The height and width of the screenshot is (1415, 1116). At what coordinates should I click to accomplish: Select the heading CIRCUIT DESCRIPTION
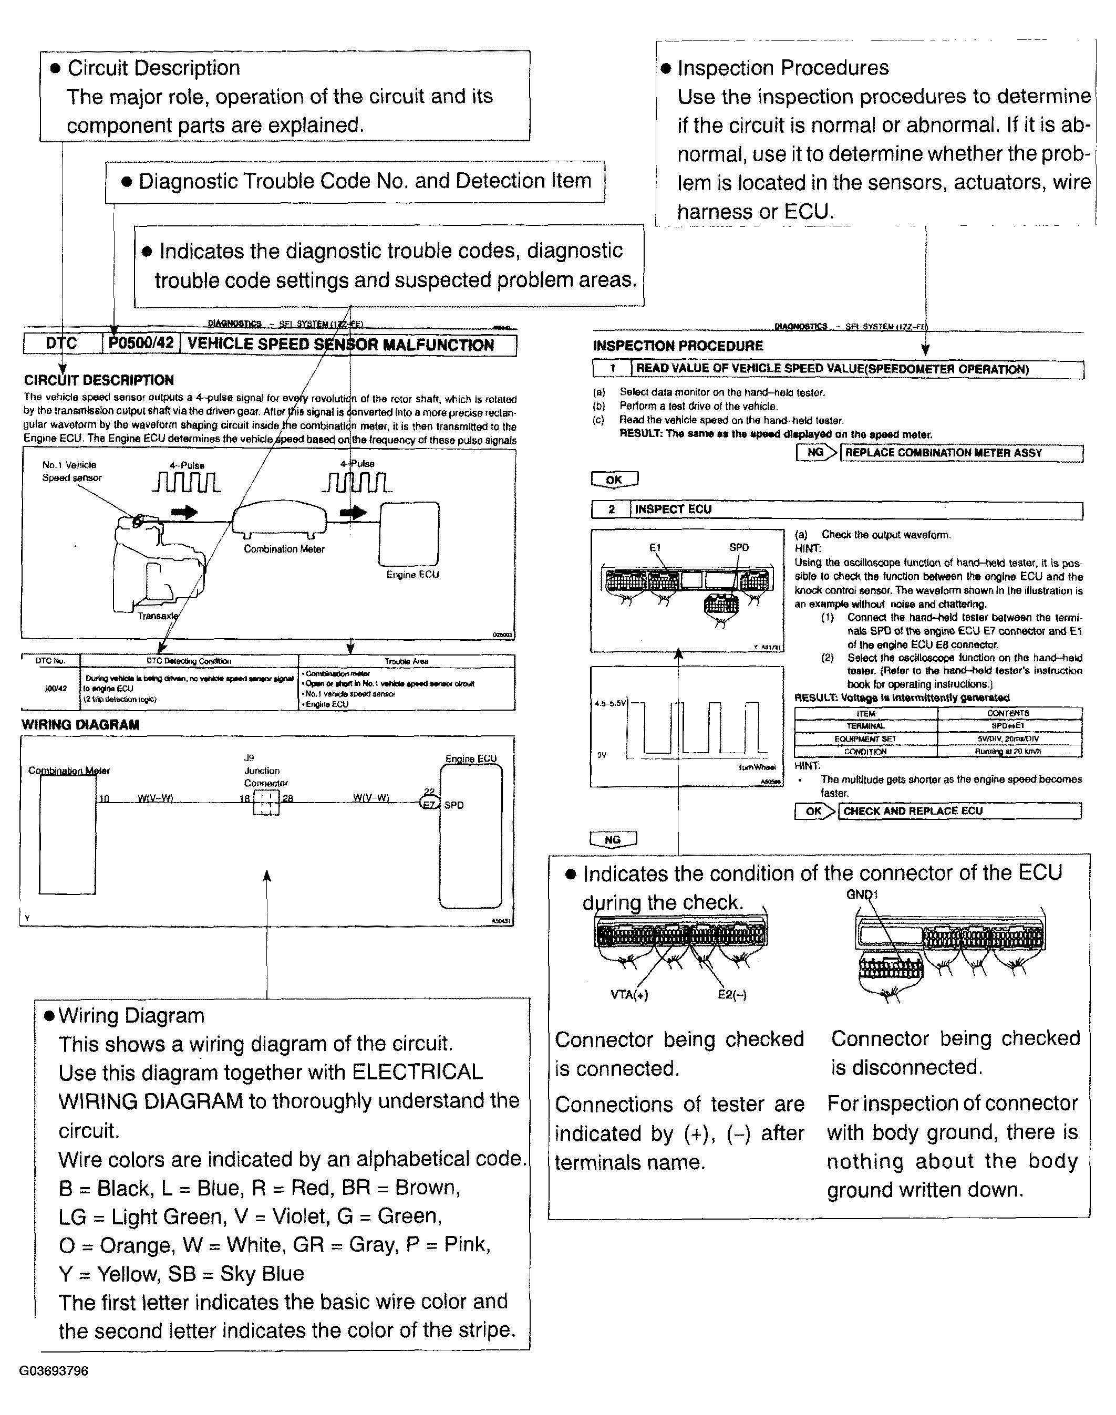[x=99, y=380]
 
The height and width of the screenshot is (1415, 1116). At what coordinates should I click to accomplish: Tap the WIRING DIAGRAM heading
[x=80, y=724]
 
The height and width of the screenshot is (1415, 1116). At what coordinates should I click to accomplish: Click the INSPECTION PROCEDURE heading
[x=678, y=346]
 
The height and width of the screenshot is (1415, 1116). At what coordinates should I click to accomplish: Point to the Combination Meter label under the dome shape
[x=284, y=549]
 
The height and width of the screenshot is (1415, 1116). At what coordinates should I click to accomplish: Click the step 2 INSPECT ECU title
[x=673, y=509]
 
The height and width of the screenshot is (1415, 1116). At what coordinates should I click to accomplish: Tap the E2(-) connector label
[x=732, y=995]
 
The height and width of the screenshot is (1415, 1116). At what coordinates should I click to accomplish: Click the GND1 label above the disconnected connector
[x=861, y=894]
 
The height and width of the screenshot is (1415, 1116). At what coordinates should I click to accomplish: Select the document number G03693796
[x=54, y=1370]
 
